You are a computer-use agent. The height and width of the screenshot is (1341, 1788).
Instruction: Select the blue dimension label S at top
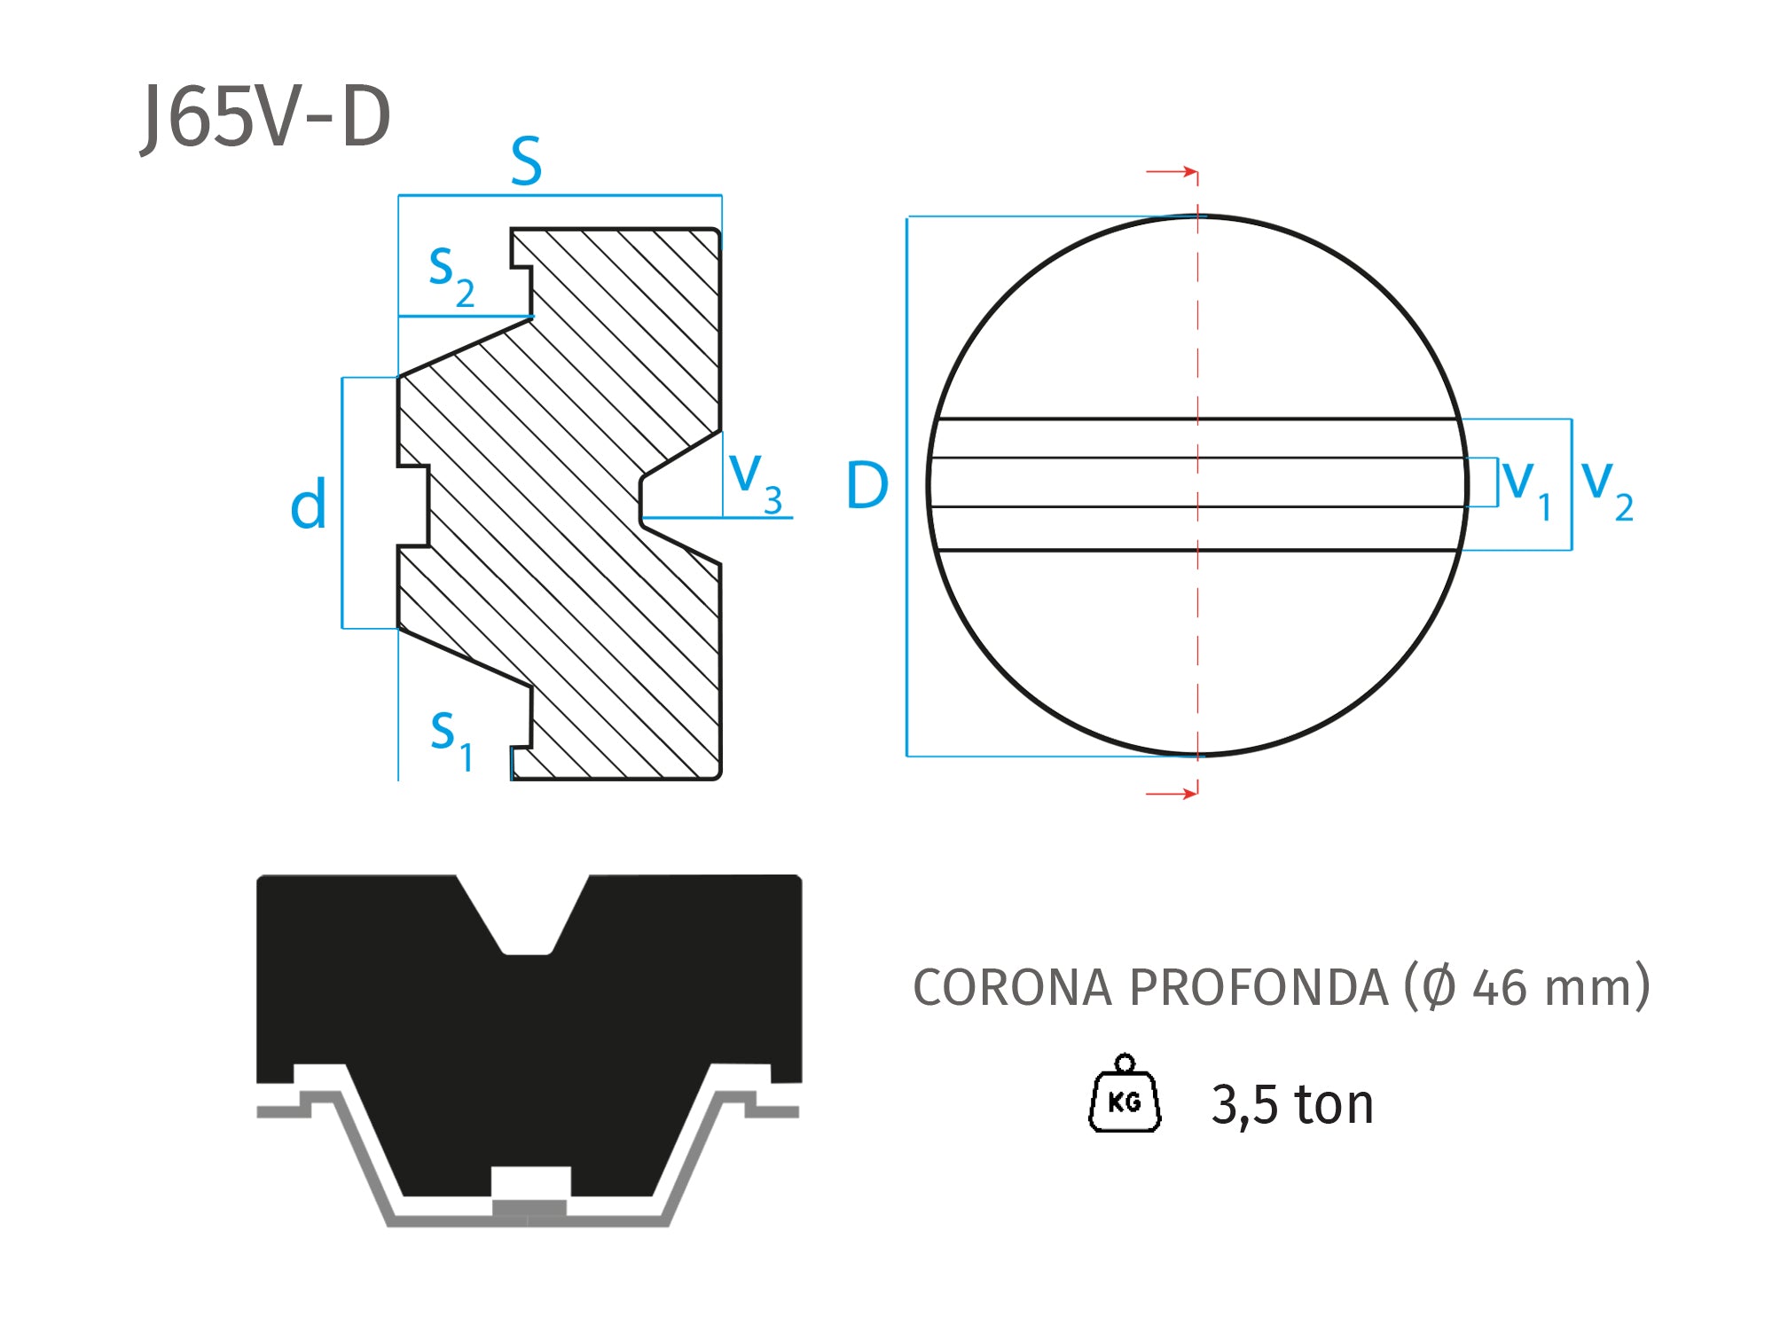[526, 161]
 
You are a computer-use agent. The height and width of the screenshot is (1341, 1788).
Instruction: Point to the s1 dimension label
[451, 739]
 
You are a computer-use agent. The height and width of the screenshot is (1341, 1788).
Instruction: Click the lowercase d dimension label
[308, 505]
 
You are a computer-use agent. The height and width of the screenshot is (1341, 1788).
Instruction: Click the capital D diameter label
[867, 485]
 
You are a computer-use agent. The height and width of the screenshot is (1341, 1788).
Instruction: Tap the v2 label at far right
[1607, 489]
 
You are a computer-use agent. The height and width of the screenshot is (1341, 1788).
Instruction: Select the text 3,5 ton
[1292, 1104]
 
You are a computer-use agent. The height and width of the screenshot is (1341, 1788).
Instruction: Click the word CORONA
[1012, 987]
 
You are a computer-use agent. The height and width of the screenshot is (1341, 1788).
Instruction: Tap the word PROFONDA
[1259, 987]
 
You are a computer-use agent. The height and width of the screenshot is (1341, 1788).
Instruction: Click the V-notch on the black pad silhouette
[527, 922]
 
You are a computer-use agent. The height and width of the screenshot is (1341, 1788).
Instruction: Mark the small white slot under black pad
[530, 1182]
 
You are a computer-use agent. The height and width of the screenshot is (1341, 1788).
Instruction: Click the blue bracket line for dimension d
[342, 503]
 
